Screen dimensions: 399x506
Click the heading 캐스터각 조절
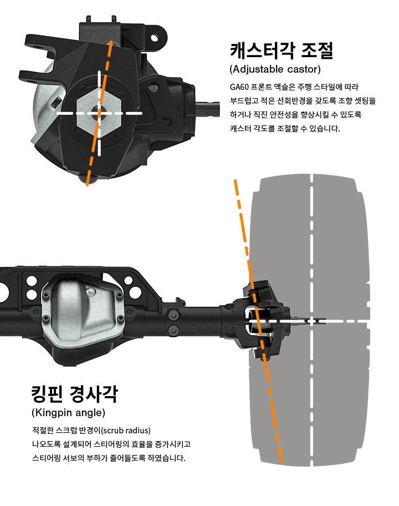282,50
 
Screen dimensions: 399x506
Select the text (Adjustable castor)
275,69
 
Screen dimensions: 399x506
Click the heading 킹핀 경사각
75,394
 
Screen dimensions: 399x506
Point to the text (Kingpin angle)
68,412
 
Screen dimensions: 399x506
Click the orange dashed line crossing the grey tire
257,321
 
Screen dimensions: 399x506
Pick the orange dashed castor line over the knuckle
99,113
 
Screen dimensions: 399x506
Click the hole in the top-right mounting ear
155,38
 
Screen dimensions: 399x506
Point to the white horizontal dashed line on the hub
99,113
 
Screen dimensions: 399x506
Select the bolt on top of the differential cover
91,292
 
